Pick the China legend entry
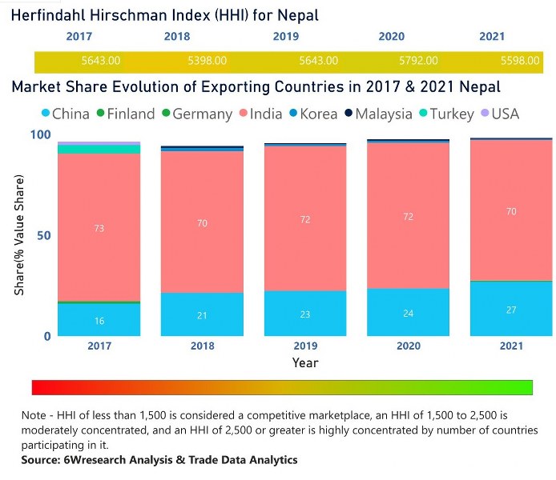[64, 114]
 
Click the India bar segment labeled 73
[99, 228]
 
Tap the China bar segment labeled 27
[511, 309]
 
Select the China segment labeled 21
[202, 314]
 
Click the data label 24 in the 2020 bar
[409, 313]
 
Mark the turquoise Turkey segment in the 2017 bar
[99, 149]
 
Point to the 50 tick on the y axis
[46, 235]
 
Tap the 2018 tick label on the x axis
[202, 346]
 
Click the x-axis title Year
[304, 362]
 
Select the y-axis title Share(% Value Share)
[18, 235]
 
